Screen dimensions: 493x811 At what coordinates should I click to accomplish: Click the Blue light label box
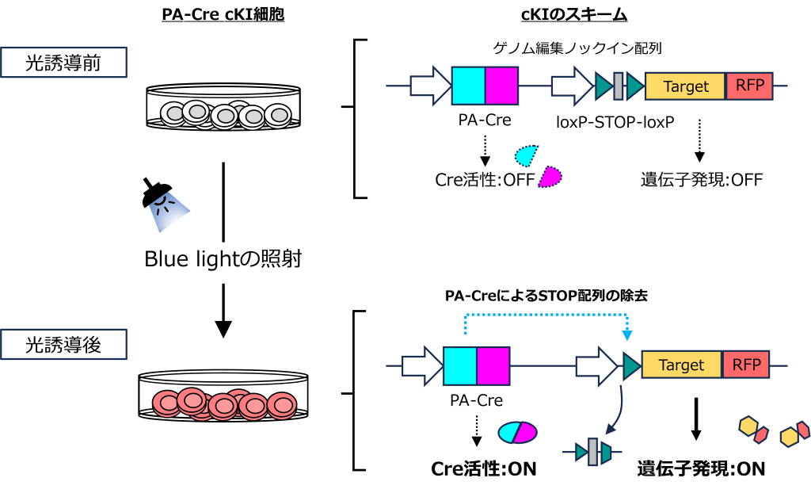click(223, 262)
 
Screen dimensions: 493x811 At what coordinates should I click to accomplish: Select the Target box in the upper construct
click(685, 86)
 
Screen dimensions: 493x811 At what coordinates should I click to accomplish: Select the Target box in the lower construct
click(681, 365)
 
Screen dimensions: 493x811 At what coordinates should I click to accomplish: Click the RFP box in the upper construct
click(748, 86)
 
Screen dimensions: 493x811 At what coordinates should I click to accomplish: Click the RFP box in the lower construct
click(745, 365)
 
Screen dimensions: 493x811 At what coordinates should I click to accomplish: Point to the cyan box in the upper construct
click(468, 86)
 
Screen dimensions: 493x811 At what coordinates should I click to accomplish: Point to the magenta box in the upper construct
click(501, 86)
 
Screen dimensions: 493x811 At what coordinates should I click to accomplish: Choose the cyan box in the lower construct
click(460, 365)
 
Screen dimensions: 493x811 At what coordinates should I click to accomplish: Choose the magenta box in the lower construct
click(493, 365)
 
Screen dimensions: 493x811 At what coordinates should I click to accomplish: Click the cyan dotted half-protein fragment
click(525, 155)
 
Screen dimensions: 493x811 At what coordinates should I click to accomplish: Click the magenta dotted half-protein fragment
click(550, 177)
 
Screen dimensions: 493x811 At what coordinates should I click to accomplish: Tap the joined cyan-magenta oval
click(517, 432)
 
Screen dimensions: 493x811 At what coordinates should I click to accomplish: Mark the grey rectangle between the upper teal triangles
click(619, 86)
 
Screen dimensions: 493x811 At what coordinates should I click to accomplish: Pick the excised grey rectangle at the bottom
click(592, 453)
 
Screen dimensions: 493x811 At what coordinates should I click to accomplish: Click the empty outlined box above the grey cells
click(63, 62)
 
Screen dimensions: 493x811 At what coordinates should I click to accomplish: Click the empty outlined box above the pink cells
click(63, 344)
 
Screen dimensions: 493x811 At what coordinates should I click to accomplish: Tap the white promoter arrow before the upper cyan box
click(430, 86)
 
